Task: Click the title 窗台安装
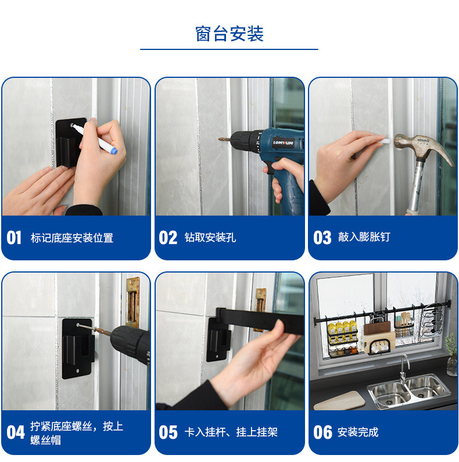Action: [x=229, y=34]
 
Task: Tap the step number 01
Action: [x=14, y=238]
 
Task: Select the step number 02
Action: [x=168, y=238]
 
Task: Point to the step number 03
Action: [x=322, y=238]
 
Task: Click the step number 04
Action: [x=16, y=432]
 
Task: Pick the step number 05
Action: [x=168, y=432]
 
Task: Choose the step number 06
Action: [x=322, y=432]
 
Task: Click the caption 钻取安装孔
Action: [x=210, y=238]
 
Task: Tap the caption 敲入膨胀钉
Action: [x=364, y=237]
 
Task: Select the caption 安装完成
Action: [x=358, y=432]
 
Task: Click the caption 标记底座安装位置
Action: [x=72, y=238]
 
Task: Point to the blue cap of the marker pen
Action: [x=114, y=151]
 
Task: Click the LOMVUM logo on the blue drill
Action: [x=283, y=143]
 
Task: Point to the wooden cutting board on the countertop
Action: [x=339, y=400]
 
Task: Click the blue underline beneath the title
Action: [x=229, y=49]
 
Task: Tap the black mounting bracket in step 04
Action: [x=78, y=348]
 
